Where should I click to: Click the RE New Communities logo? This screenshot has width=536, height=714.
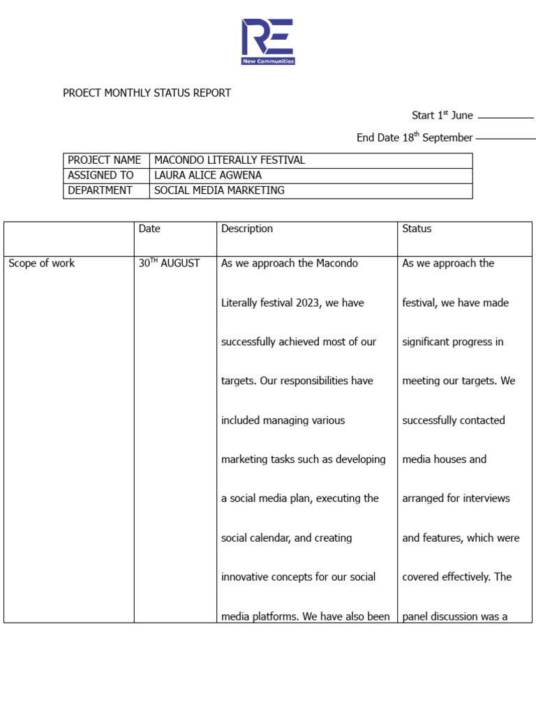click(x=268, y=42)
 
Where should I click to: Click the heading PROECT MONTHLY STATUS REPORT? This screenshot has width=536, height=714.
click(x=147, y=93)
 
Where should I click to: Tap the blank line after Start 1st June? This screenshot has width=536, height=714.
click(x=505, y=118)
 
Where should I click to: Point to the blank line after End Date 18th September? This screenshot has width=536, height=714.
click(x=505, y=139)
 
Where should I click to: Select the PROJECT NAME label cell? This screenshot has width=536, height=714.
click(x=105, y=160)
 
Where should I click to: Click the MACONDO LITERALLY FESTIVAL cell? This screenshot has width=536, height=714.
click(x=230, y=160)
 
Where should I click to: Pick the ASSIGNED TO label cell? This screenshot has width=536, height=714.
click(x=100, y=176)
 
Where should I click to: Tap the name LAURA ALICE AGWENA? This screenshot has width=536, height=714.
click(x=208, y=176)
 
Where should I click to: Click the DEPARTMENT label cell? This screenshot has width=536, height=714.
click(x=100, y=190)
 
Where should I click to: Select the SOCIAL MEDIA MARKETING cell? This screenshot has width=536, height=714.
click(x=219, y=190)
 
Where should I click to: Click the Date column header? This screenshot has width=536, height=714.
click(x=149, y=229)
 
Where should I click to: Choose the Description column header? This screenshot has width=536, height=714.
click(x=247, y=229)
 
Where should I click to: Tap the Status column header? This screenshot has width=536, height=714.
click(x=417, y=229)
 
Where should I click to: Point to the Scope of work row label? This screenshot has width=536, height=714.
click(x=41, y=264)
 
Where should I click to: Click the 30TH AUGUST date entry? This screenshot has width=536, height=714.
click(x=169, y=264)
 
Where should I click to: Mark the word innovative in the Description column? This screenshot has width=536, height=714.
click(x=248, y=577)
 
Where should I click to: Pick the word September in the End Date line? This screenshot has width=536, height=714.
click(x=447, y=138)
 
